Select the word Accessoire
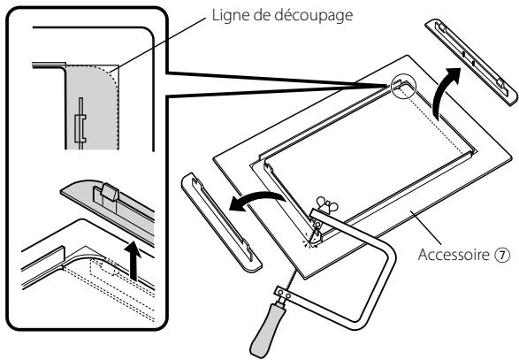[454, 255]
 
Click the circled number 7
[502, 255]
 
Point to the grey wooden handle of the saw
[269, 329]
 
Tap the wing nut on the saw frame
[327, 204]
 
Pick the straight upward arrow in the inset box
[133, 261]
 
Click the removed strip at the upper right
[471, 62]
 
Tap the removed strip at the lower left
[221, 222]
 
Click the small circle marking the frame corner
[403, 86]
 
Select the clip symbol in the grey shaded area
[80, 124]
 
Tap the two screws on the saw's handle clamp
[285, 294]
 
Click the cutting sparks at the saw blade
[309, 241]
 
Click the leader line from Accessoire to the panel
[426, 228]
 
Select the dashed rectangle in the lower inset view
[104, 266]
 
